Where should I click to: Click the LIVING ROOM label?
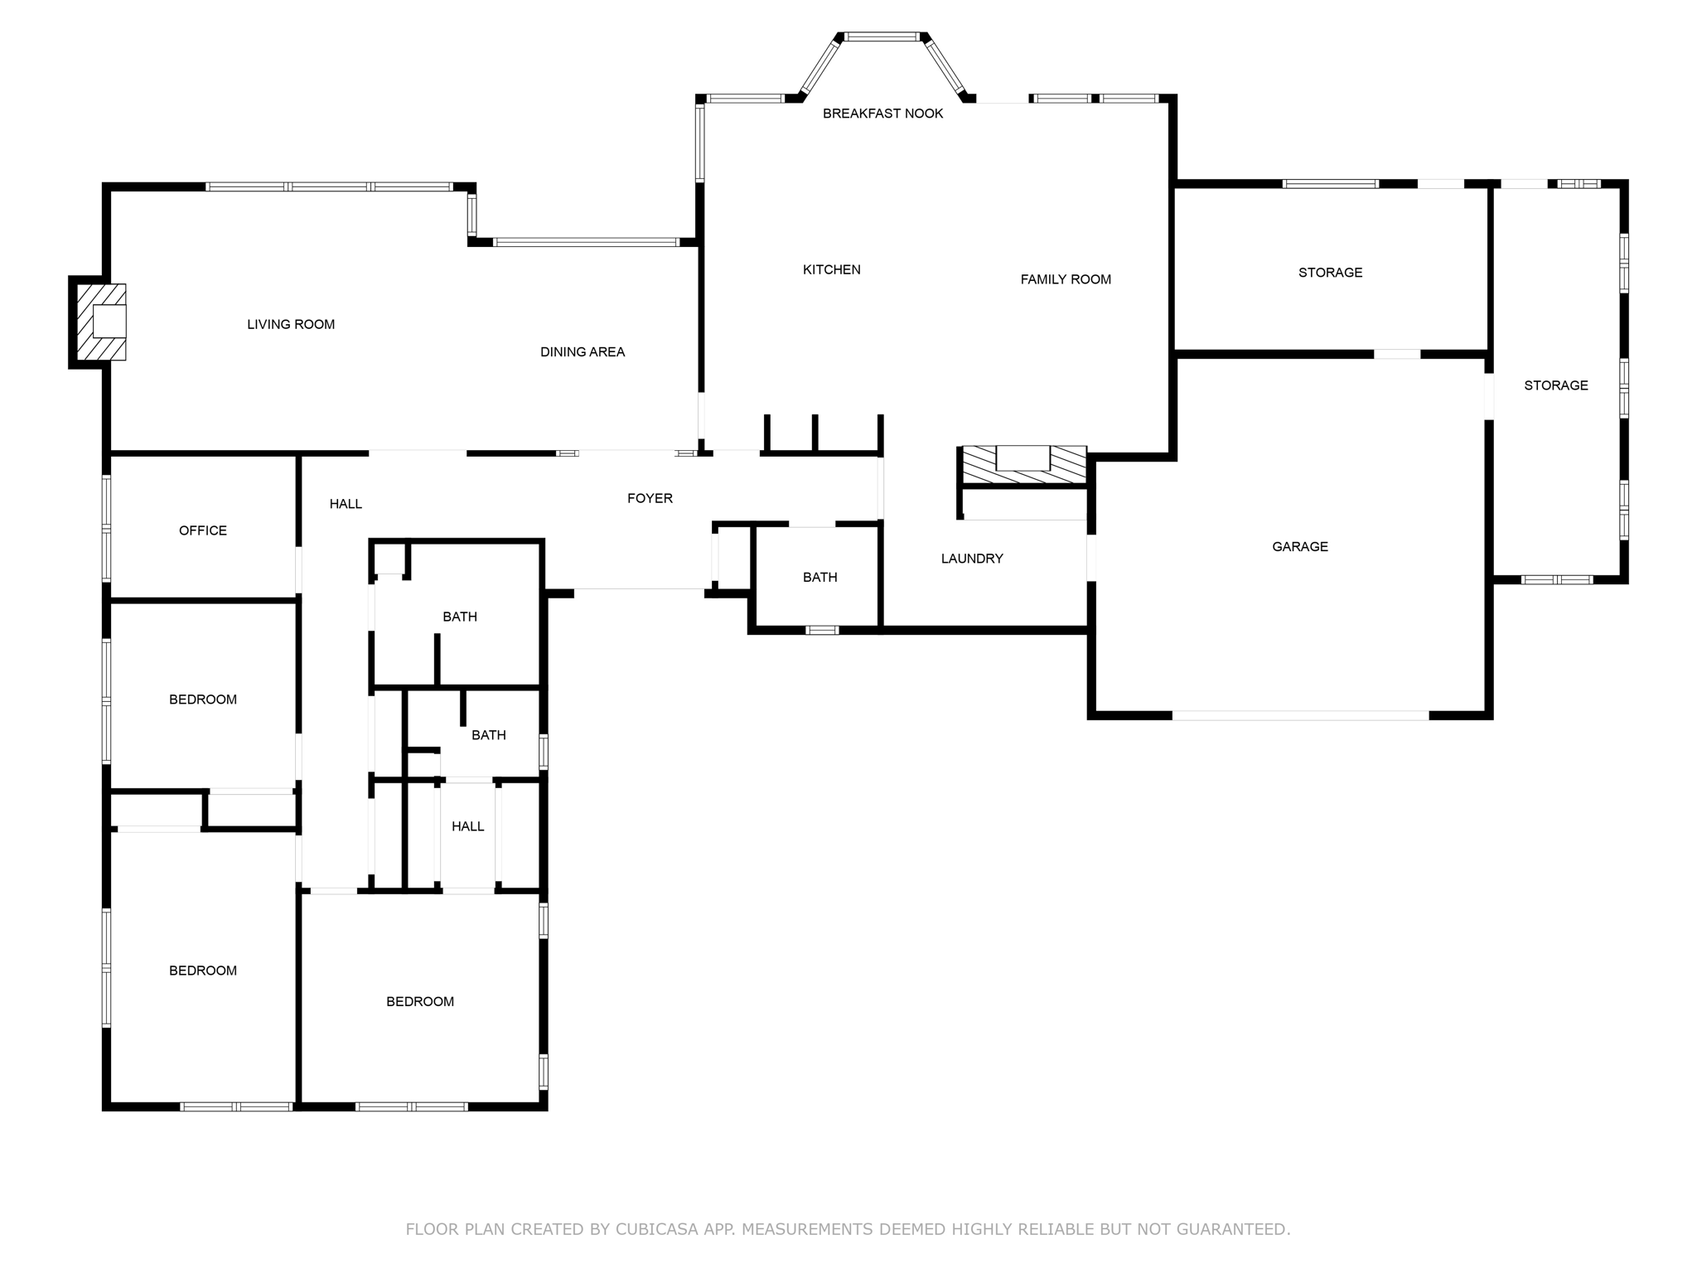pyautogui.click(x=291, y=325)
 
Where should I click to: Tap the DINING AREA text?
pyautogui.click(x=583, y=352)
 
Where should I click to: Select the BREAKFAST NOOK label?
pyautogui.click(x=882, y=114)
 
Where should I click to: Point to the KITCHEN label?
pyautogui.click(x=831, y=269)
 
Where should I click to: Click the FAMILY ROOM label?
pyautogui.click(x=1065, y=279)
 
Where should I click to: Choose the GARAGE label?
pyautogui.click(x=1299, y=547)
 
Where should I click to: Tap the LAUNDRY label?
pyautogui.click(x=972, y=559)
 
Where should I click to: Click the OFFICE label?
pyautogui.click(x=202, y=530)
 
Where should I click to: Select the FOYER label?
pyautogui.click(x=650, y=498)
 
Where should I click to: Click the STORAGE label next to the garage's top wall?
pyautogui.click(x=1330, y=273)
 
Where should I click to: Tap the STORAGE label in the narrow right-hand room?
pyautogui.click(x=1555, y=385)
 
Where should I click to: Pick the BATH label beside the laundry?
pyautogui.click(x=819, y=578)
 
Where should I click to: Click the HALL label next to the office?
pyautogui.click(x=346, y=504)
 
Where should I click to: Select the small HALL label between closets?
pyautogui.click(x=467, y=826)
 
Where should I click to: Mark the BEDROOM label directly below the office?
pyautogui.click(x=202, y=699)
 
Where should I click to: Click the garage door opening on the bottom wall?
pyautogui.click(x=1299, y=715)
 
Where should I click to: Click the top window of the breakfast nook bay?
pyautogui.click(x=882, y=36)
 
